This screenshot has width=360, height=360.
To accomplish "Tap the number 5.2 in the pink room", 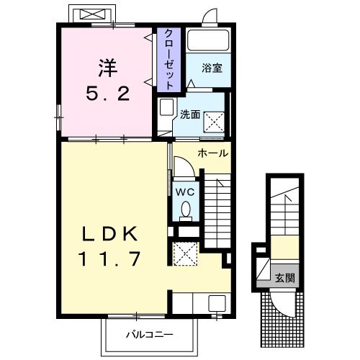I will [x=109, y=94].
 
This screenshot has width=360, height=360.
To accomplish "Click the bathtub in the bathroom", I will [x=208, y=40].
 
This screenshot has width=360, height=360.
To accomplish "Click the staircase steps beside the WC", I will [x=215, y=209].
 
